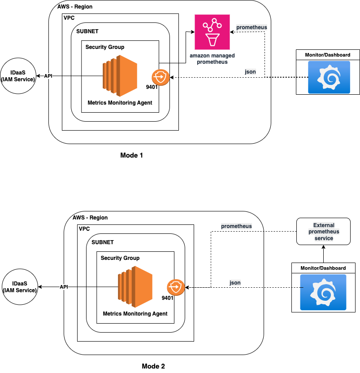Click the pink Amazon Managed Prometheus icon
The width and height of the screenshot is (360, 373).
212,31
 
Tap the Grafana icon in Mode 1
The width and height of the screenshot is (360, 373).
329,77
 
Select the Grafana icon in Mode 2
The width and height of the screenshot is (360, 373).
324,292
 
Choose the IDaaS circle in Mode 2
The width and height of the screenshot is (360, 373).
20,288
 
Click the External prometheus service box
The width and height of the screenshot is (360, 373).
323,232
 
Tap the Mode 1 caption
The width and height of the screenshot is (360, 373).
131,156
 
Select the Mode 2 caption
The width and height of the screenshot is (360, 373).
153,366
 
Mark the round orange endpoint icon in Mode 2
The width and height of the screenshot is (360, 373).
175,287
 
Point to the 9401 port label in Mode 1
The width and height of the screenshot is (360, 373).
152,87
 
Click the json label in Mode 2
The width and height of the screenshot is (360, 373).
235,282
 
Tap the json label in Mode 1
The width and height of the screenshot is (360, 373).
250,72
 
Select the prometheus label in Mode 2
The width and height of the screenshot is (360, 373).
236,226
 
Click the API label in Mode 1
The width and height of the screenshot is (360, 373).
48,75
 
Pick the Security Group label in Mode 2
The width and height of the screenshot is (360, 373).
120,258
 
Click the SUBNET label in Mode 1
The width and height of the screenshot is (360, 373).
87,32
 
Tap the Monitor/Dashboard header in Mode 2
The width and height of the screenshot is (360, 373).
323,268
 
